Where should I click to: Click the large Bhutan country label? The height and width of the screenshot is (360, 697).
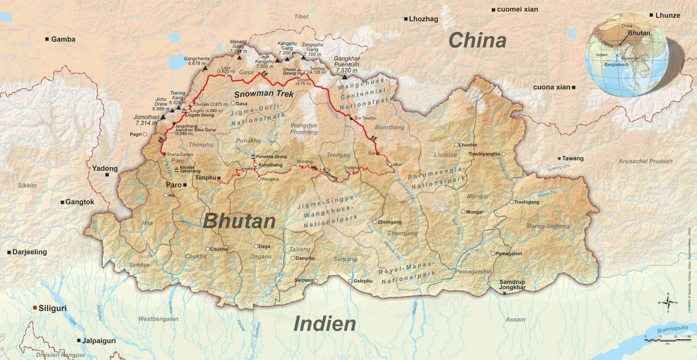[x=239, y=221]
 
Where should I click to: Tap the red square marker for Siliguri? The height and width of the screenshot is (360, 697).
[x=35, y=308]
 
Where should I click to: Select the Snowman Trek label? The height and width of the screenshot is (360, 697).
[x=264, y=94]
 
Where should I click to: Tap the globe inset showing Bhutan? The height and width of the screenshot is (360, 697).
[x=627, y=54]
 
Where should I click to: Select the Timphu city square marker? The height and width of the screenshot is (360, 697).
[x=219, y=178]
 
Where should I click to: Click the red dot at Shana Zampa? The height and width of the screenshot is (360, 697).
[x=164, y=154]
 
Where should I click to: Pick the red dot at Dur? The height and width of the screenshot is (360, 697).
[x=378, y=153]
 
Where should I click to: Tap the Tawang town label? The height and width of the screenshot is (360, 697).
[x=573, y=158]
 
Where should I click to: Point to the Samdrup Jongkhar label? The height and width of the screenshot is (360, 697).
[x=512, y=285]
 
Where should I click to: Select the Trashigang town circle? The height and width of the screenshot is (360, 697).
[x=511, y=202]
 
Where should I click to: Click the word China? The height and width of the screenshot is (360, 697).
[x=477, y=41]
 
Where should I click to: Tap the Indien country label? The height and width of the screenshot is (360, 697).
[x=324, y=324]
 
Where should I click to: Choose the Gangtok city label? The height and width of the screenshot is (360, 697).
[x=79, y=202]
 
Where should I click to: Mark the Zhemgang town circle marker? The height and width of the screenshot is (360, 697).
[x=375, y=222]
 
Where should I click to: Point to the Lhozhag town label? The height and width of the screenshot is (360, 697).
[x=423, y=19]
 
